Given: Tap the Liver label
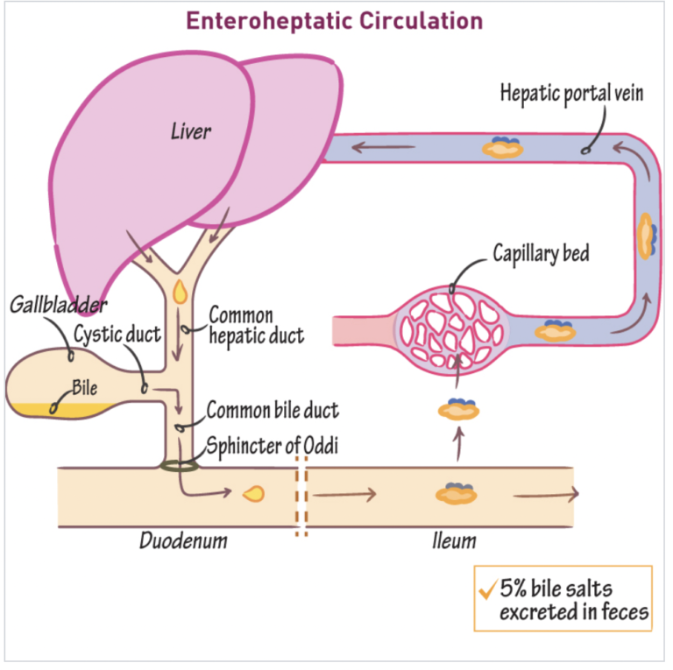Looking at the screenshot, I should click(191, 132).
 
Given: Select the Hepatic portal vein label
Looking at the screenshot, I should click(571, 93).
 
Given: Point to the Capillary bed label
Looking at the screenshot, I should click(541, 254).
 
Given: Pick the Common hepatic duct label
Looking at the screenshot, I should click(255, 325).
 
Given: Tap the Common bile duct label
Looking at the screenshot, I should click(272, 409).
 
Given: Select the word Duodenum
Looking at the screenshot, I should click(183, 540).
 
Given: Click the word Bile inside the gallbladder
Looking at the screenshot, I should click(86, 387).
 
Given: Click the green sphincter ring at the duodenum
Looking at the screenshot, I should click(179, 464).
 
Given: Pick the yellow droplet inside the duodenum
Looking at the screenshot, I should click(254, 494).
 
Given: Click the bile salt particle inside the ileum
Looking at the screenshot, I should click(456, 493).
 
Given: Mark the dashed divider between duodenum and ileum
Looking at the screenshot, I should click(301, 495).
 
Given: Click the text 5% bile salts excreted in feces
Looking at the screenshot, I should click(573, 600).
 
